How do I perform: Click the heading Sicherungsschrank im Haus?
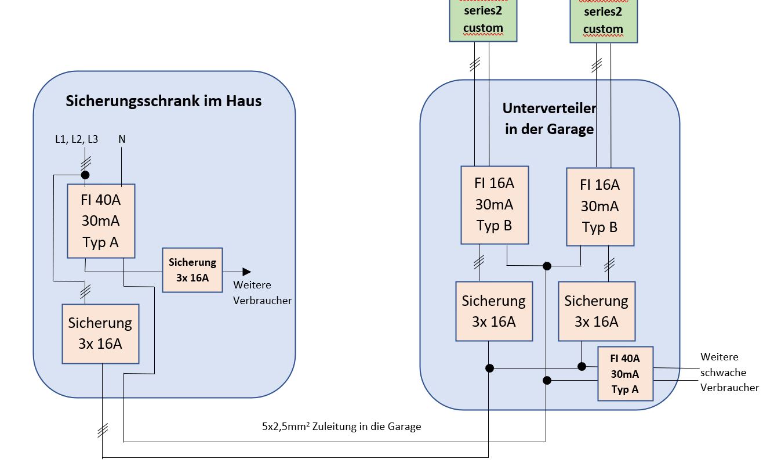point(163,101)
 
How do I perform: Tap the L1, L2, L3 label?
point(77,139)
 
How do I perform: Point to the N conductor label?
point(122,139)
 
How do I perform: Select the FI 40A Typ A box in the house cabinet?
point(101,221)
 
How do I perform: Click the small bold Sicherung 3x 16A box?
point(192,270)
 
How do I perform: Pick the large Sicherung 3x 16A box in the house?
point(101,334)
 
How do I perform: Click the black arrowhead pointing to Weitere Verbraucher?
point(246,271)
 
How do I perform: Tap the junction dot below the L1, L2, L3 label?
point(85,175)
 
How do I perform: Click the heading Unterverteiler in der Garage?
point(549,118)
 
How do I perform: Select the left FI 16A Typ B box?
point(495,205)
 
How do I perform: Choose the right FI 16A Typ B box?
point(599,207)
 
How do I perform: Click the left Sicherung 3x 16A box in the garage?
point(494,311)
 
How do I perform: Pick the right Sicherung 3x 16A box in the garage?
point(597,311)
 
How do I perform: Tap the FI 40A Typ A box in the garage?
point(625,374)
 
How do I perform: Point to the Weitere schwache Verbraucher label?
point(729,372)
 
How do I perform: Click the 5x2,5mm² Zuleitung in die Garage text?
point(341,427)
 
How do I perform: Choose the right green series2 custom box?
point(603,21)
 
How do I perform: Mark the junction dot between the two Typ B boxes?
point(546,266)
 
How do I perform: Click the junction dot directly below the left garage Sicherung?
point(489,368)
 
